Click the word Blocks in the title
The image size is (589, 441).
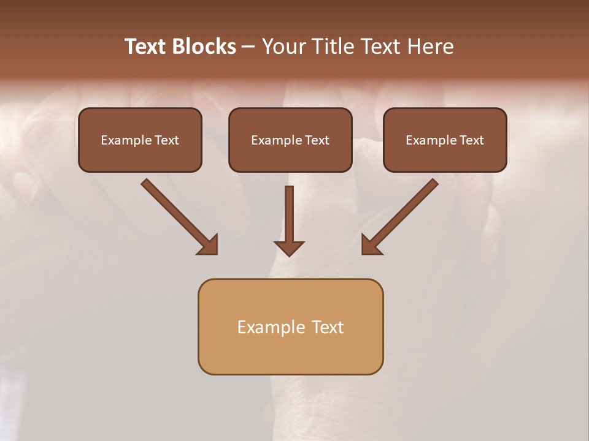point(205,47)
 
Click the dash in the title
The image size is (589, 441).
point(248,47)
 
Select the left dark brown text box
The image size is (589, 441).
point(140,140)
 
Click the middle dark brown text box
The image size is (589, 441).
point(290,140)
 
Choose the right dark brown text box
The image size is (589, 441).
point(445,140)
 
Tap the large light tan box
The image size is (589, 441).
point(290,326)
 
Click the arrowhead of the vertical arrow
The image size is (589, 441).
point(290,247)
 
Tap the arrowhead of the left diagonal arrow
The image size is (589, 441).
point(209,244)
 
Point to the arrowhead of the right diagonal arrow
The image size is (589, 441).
point(371,244)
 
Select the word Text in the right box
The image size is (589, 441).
point(472,140)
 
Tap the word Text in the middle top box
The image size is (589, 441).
point(317,140)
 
